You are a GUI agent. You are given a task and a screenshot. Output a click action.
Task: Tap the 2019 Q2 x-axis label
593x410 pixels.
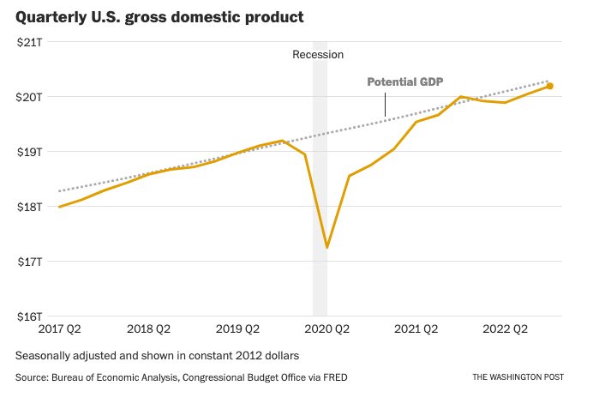(x=237, y=329)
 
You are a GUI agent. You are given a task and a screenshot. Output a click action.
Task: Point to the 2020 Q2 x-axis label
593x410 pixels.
(x=327, y=329)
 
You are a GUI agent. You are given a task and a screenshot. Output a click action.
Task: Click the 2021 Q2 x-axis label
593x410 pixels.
(x=416, y=329)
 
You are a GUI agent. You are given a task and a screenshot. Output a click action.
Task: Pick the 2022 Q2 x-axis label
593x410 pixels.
(x=506, y=329)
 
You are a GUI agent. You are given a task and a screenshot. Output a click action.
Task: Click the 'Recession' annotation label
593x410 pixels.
(x=318, y=55)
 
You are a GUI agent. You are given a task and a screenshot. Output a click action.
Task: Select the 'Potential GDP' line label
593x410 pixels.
(x=405, y=82)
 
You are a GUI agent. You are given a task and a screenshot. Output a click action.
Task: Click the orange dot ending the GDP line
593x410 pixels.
(x=550, y=86)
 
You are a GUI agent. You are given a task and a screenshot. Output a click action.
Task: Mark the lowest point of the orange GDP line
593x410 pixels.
(x=327, y=247)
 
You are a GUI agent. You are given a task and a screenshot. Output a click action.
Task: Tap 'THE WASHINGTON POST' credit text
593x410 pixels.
(x=518, y=377)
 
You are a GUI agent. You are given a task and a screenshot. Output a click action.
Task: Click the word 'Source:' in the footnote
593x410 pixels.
(x=33, y=377)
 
